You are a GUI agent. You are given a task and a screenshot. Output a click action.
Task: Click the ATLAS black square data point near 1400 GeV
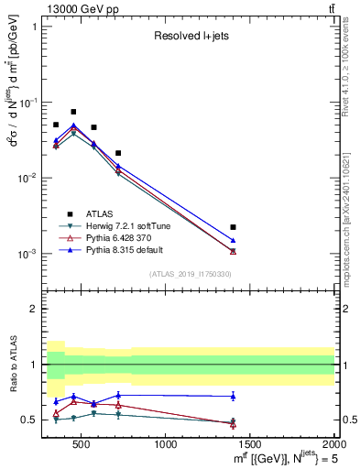(233, 226)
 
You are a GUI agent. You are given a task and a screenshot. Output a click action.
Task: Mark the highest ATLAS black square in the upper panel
(73, 112)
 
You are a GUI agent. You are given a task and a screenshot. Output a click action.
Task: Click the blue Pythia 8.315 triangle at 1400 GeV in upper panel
(233, 240)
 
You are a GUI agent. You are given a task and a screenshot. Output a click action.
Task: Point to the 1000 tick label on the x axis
(166, 446)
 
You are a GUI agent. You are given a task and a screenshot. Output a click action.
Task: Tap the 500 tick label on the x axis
(82, 446)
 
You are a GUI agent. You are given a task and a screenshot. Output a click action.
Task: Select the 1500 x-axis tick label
(250, 446)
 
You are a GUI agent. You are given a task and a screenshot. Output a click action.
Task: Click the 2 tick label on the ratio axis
(34, 309)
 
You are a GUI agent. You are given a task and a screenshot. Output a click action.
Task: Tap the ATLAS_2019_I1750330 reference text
(190, 274)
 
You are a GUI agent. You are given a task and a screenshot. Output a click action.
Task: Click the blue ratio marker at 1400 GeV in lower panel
(233, 397)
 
